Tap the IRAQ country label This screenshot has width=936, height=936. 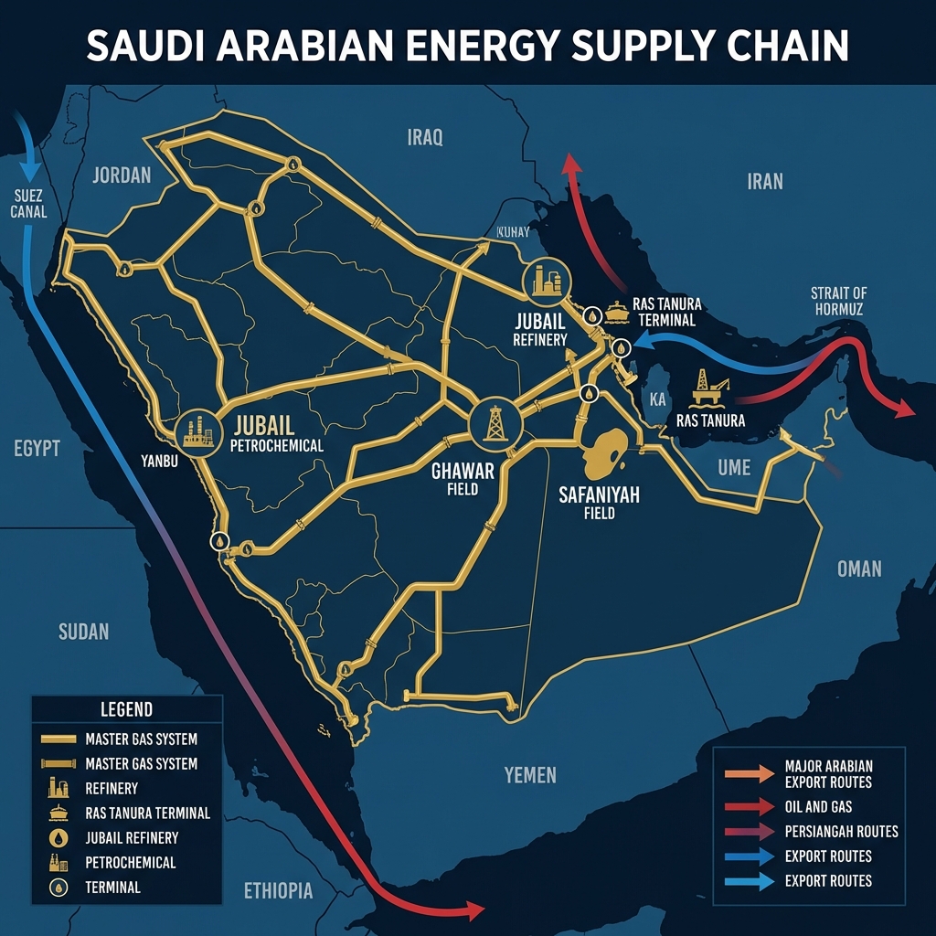tap(424, 138)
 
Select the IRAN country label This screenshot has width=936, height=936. tap(764, 181)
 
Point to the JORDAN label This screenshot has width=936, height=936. tap(121, 175)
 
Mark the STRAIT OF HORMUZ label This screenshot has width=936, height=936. tap(838, 301)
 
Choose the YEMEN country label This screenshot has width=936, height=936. tap(529, 775)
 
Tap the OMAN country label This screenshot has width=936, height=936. tap(858, 569)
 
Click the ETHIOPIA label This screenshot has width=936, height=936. tap(278, 891)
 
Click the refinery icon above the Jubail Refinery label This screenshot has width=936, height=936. tap(546, 281)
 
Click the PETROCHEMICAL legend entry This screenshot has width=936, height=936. tap(130, 862)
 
